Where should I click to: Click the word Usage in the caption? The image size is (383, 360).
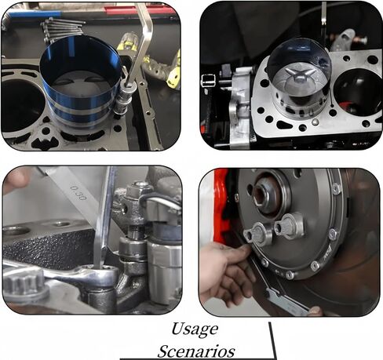pyautogui.click(x=195, y=329)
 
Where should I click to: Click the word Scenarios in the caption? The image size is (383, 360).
pyautogui.click(x=196, y=351)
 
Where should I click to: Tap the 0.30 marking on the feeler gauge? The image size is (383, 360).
pyautogui.click(x=78, y=192)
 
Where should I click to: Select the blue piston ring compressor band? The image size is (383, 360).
pyautogui.click(x=81, y=81)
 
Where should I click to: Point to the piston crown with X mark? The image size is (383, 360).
pyautogui.click(x=298, y=78)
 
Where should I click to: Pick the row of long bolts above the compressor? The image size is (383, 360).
pyautogui.click(x=63, y=29)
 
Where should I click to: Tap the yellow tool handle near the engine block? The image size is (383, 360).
pyautogui.click(x=175, y=71)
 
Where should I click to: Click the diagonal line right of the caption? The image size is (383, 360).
pyautogui.click(x=272, y=340)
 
